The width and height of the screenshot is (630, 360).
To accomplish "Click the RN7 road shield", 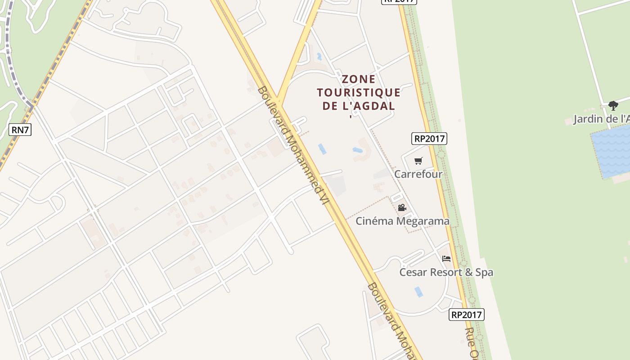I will pyautogui.click(x=20, y=130).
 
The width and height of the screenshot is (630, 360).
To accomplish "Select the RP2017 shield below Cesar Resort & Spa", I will pyautogui.click(x=467, y=315).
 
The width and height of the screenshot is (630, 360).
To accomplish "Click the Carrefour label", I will pyautogui.click(x=418, y=174).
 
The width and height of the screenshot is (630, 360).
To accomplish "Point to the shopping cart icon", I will pyautogui.click(x=418, y=161).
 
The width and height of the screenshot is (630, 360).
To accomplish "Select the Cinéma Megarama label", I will pyautogui.click(x=402, y=221).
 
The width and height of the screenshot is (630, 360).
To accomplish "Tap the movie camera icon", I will pyautogui.click(x=402, y=207).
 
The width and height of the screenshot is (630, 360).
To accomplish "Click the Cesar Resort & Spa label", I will pyautogui.click(x=446, y=272).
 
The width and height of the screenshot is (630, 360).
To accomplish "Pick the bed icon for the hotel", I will pyautogui.click(x=446, y=259).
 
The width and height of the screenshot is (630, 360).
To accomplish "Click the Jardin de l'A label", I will pyautogui.click(x=601, y=119).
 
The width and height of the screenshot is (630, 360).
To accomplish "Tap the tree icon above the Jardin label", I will pyautogui.click(x=613, y=106).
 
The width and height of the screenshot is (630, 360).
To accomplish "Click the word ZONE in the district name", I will pyautogui.click(x=359, y=79).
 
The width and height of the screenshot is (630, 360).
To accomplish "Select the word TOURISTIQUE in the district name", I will pyautogui.click(x=359, y=93).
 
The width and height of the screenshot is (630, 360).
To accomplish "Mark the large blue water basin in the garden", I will pyautogui.click(x=611, y=151).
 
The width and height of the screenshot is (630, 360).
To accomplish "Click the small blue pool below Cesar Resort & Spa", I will pyautogui.click(x=418, y=292).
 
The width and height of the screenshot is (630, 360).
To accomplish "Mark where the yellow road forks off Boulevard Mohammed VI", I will pyautogui.click(x=278, y=101).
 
